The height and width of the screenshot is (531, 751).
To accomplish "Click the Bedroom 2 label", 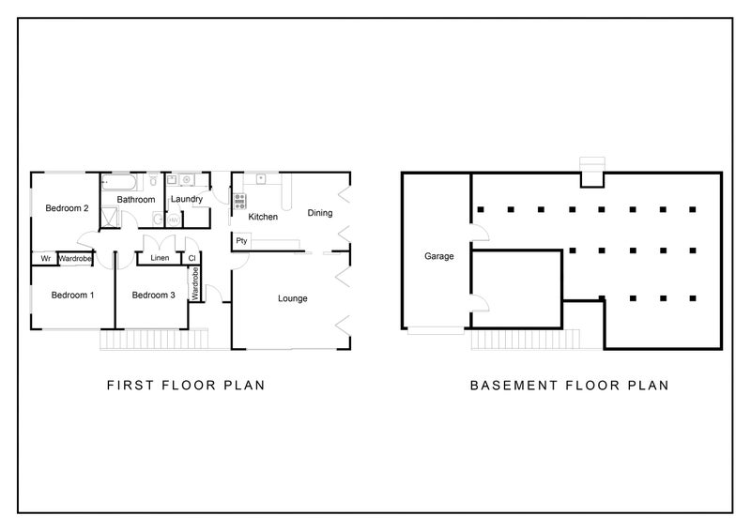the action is [67, 208].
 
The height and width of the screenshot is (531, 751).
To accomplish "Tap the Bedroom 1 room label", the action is [73, 295].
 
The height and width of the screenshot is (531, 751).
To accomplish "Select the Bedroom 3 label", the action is [154, 295].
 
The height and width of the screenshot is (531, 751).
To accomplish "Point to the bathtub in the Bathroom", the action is [119, 182].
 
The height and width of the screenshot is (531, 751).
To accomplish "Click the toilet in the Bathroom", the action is [153, 179].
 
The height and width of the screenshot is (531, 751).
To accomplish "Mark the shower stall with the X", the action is [109, 217].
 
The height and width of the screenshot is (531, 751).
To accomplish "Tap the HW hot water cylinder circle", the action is [174, 220].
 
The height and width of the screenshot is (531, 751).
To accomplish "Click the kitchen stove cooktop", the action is [240, 201].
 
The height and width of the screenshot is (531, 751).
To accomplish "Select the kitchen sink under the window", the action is [261, 178].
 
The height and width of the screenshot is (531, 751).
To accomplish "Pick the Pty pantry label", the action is [241, 240].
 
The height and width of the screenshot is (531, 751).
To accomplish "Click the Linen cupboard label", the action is [160, 258].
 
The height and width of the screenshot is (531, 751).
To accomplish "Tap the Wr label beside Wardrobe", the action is [45, 259].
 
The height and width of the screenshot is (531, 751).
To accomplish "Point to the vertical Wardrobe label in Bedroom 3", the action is [195, 284].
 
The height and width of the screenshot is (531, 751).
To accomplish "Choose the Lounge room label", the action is [293, 298].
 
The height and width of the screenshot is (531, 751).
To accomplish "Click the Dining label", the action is [320, 213].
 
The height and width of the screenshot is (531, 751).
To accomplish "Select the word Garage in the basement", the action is [439, 256].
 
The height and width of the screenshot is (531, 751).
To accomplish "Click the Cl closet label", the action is [192, 259].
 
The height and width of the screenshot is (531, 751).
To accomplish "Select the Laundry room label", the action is [187, 199].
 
